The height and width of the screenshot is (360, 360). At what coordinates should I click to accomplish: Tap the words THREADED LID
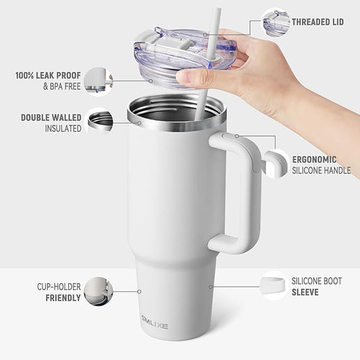(x=317, y=22)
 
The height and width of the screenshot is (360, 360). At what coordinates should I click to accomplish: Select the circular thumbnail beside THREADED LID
(x=276, y=22)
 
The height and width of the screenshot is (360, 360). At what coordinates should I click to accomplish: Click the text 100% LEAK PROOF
(x=47, y=75)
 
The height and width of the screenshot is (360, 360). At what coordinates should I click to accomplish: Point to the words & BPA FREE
(x=61, y=86)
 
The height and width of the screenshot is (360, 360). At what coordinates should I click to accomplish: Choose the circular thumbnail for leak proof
(x=99, y=81)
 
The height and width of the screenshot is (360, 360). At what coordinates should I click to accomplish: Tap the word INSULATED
(x=63, y=128)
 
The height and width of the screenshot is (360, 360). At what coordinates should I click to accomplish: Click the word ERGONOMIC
(x=314, y=159)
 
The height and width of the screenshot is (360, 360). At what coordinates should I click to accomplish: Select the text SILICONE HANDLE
(x=321, y=171)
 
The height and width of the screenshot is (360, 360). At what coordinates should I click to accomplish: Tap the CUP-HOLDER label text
(x=59, y=286)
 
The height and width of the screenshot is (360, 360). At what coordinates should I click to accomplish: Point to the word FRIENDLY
(x=63, y=297)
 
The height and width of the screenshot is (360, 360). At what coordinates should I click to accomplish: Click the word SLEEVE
(x=305, y=292)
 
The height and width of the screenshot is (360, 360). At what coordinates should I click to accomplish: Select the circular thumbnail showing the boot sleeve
(x=274, y=286)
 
